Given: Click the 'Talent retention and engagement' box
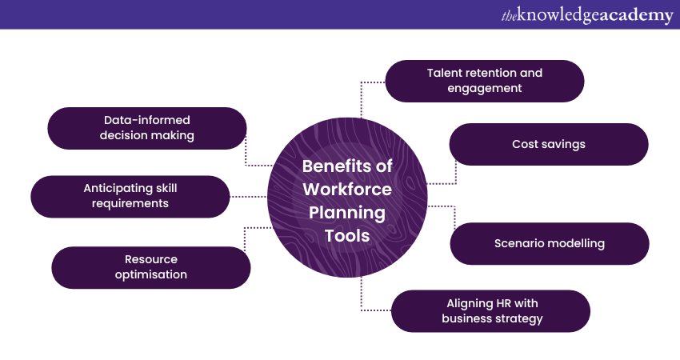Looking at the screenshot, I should point(484,81).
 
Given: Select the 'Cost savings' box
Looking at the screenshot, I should point(548,145).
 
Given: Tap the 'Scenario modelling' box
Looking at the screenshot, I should point(549,243).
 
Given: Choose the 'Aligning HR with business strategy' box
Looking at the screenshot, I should point(490,311).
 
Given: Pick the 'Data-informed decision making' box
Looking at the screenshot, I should point(147,128).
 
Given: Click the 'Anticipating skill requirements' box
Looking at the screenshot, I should point(130,196).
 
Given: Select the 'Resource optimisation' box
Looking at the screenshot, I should point(151,267).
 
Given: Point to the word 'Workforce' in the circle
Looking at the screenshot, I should point(346,190).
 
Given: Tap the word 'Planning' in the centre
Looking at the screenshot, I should point(346,213).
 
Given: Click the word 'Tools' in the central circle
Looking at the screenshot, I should point(346,236).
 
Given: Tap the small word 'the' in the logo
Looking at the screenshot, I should point(510,16).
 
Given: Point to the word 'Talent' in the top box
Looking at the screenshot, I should point(446,73).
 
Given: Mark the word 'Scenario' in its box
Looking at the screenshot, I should point(520,243).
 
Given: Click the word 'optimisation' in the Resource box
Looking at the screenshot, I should point(151,274).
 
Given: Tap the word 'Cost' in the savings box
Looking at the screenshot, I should point(525,145).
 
